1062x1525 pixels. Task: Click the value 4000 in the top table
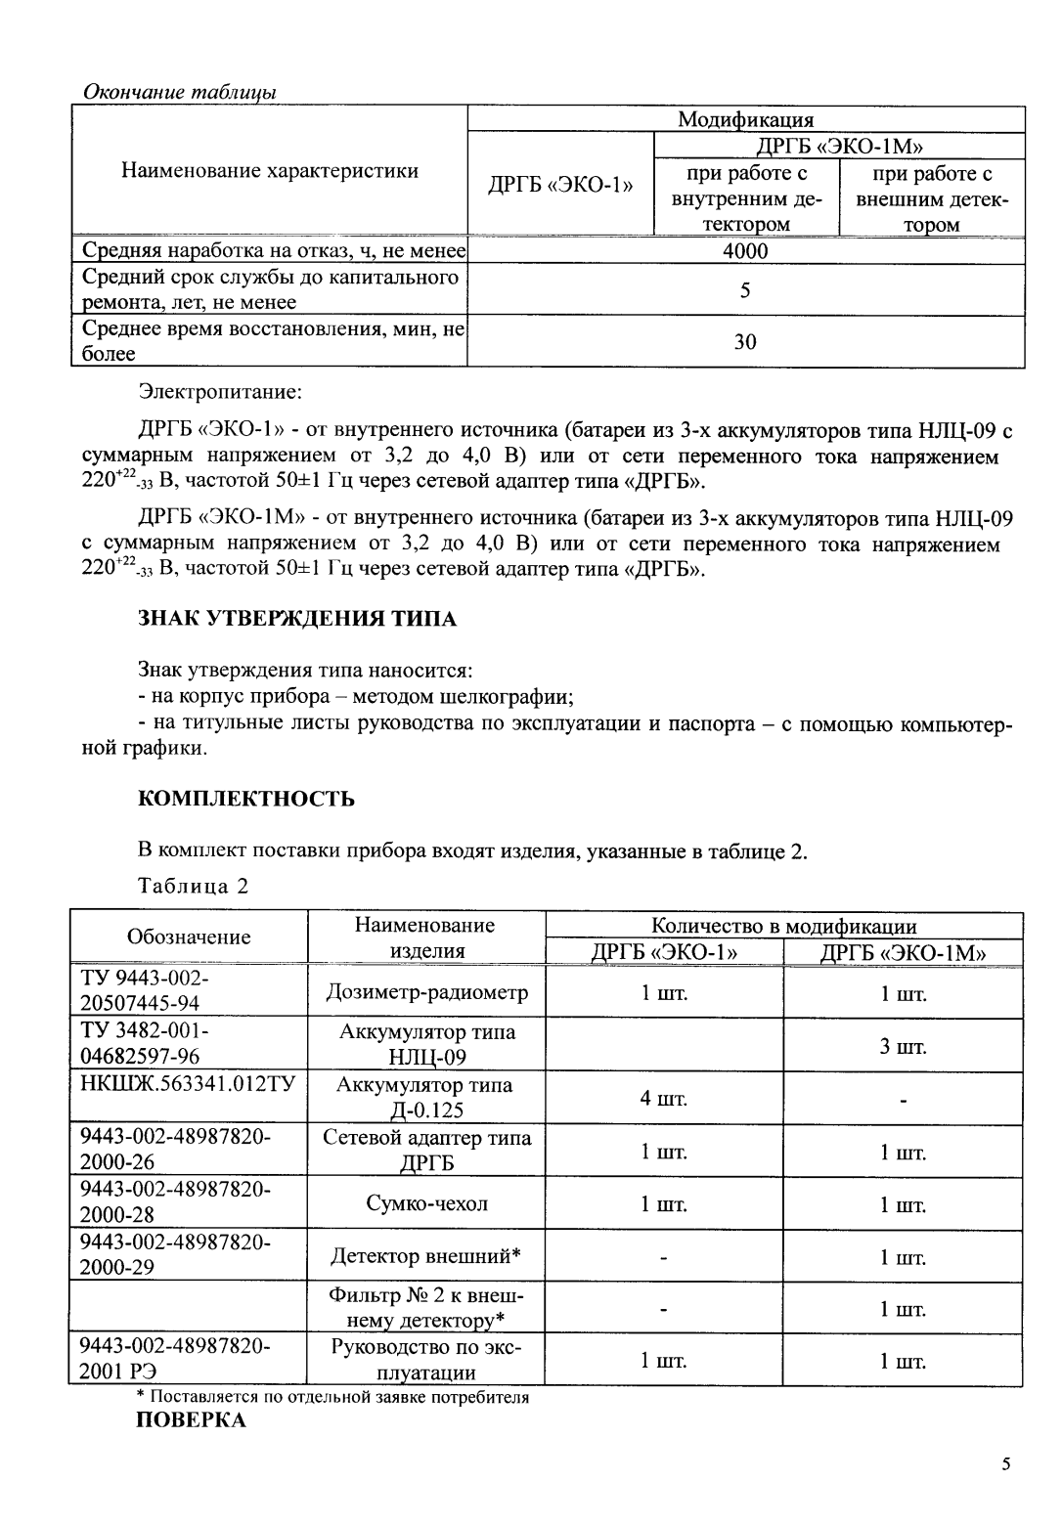tap(745, 251)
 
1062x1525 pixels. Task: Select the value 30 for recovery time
tap(745, 342)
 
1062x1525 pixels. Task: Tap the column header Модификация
tap(745, 119)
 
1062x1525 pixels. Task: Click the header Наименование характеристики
tap(269, 171)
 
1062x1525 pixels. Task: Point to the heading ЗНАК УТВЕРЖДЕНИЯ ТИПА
tap(297, 619)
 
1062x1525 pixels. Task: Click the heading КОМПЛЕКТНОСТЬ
tap(246, 799)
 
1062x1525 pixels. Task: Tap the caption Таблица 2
tap(194, 887)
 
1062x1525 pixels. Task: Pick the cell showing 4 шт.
tap(664, 1099)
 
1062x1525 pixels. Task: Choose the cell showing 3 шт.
tap(902, 1047)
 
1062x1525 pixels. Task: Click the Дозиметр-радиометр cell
tap(426, 993)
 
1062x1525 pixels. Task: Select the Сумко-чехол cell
tap(426, 1204)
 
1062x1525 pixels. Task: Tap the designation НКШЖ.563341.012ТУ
tap(188, 1085)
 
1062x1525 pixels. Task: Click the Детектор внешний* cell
tap(426, 1256)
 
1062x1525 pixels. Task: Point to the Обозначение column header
tap(189, 937)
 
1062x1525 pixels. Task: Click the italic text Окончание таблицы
tap(179, 92)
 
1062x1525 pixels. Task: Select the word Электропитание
tap(220, 393)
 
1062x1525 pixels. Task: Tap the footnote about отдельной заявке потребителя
tap(332, 1397)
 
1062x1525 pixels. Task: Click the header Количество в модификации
tap(784, 926)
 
